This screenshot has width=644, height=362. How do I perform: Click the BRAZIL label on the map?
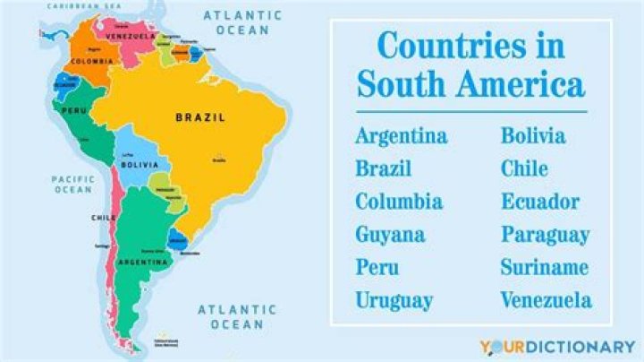199,117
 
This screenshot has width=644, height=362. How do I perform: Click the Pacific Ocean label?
72,184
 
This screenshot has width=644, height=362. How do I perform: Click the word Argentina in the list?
401,136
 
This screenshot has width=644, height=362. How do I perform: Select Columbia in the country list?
398,202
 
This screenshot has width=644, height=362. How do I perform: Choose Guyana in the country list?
389,235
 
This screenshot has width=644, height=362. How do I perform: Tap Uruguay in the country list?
394,300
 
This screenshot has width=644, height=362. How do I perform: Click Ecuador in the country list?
539,202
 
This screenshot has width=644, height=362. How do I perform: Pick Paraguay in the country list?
545,235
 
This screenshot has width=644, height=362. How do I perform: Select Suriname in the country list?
544,267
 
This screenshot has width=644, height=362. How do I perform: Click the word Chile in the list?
524,168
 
